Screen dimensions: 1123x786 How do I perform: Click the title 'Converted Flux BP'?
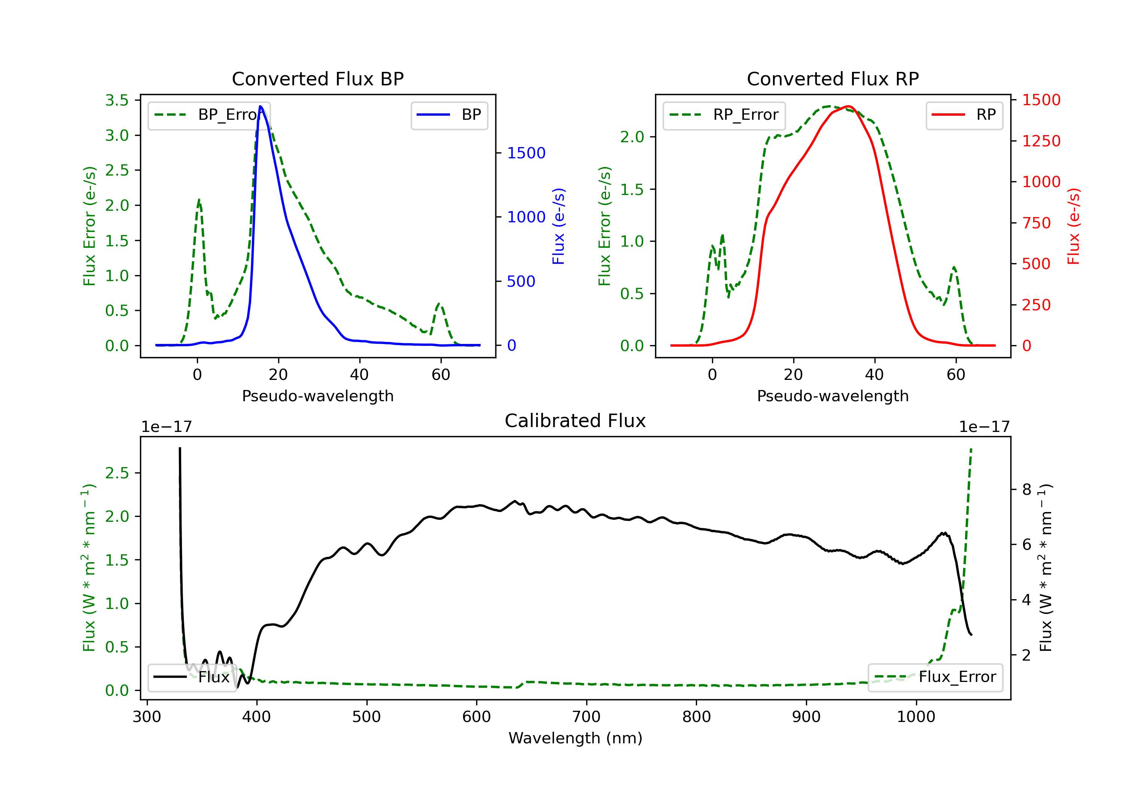point(317,79)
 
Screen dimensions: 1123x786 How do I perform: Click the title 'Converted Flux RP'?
point(833,79)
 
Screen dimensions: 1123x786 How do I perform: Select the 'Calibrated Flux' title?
point(575,421)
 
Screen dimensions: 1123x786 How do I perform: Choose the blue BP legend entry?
point(449,115)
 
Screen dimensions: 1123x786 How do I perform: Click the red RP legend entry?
point(964,115)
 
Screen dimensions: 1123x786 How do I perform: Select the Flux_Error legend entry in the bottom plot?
point(935,677)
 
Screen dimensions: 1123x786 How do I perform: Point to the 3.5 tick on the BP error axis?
point(117,100)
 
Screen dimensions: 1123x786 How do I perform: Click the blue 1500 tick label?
point(526,153)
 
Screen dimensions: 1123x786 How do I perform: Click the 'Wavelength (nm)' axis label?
point(575,738)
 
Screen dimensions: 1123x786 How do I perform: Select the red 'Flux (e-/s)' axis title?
point(1073,226)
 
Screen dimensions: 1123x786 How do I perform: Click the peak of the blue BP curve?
point(260,106)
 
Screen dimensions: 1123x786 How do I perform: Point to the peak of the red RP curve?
point(847,106)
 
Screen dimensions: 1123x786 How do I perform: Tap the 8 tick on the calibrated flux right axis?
point(1027,490)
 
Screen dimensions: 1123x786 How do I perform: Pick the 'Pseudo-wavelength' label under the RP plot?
point(833,396)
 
